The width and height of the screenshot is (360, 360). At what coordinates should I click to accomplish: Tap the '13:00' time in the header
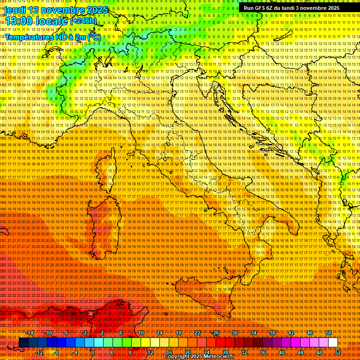[x=18, y=21]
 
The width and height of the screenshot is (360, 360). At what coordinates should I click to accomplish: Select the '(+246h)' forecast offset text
[x=84, y=21]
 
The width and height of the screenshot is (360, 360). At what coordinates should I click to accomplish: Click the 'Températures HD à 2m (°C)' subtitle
[x=53, y=37]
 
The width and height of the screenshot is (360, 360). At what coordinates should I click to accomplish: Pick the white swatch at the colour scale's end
[x=333, y=343]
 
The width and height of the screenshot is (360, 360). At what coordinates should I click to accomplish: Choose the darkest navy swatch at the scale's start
[x=23, y=343]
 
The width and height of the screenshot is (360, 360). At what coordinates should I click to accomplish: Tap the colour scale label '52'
[x=338, y=352]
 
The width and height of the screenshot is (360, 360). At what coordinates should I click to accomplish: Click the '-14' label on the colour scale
[x=30, y=333]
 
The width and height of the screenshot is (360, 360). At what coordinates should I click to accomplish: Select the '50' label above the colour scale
[x=329, y=333]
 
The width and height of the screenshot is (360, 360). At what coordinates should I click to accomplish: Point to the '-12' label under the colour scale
[x=39, y=352]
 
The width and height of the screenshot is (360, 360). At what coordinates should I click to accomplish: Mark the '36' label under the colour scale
[x=263, y=352]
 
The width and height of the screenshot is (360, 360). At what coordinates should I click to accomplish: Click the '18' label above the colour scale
[x=179, y=333]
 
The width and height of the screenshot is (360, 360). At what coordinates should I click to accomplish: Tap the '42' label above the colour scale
[x=291, y=333]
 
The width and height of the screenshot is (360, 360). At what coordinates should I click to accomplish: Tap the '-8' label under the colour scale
[x=57, y=352]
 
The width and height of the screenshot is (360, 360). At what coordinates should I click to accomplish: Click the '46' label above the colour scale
[x=310, y=333]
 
